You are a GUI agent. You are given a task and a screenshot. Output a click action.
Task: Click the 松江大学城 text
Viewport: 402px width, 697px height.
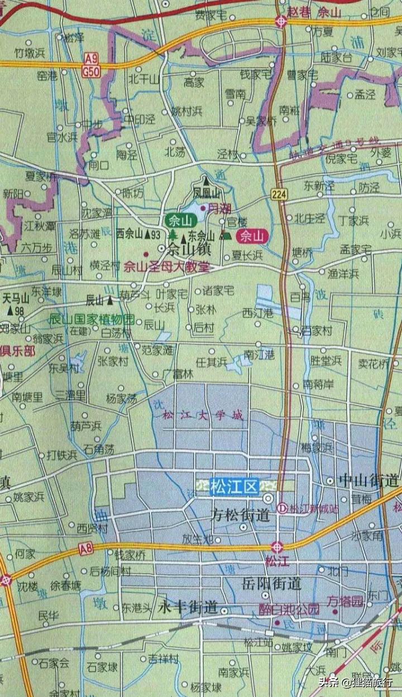pos(203,415)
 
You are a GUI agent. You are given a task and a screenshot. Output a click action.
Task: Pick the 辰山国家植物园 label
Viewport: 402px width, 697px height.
pos(92,320)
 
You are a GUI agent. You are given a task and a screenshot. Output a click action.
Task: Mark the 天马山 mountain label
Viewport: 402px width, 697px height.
pos(15,298)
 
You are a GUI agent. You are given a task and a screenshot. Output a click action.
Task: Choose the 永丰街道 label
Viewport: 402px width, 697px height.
pos(188,607)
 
